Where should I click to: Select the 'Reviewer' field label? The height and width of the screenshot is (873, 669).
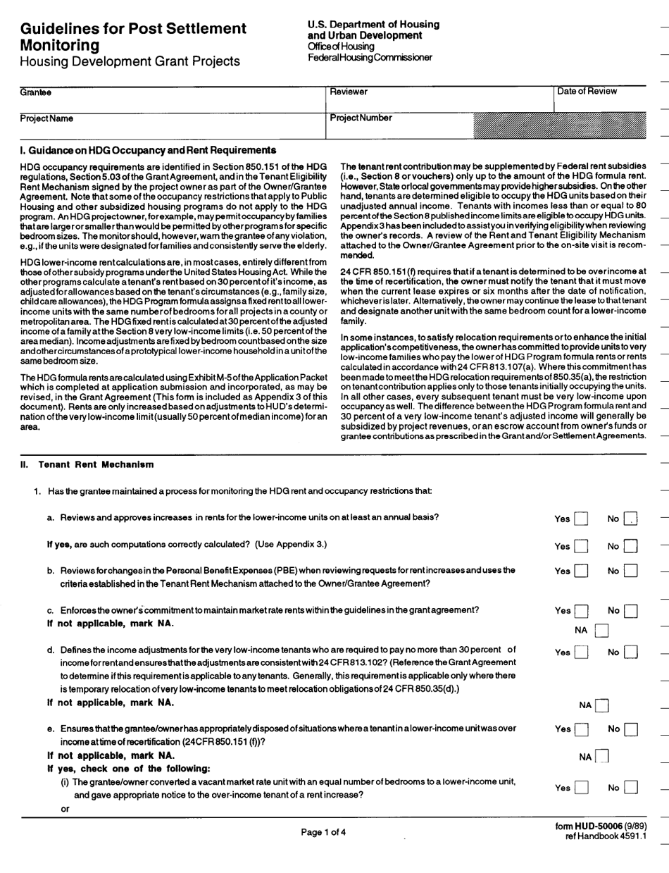[349, 92]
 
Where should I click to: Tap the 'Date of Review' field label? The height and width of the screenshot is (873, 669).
[587, 91]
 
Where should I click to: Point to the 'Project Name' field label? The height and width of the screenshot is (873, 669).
[46, 118]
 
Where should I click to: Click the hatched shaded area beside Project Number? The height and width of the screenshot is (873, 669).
[561, 124]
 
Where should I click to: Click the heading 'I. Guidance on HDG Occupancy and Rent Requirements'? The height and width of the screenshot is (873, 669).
[148, 151]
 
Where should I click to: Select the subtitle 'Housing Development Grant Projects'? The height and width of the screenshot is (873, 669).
[130, 61]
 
